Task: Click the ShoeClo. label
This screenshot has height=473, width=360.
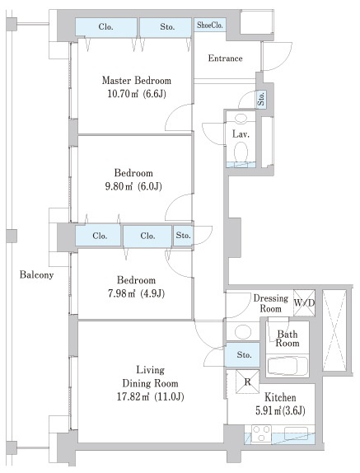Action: (210, 26)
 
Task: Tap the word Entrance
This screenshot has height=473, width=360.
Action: (225, 58)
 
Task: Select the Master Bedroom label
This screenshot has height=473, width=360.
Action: (137, 81)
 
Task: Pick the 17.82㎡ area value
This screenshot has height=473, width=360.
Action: (133, 397)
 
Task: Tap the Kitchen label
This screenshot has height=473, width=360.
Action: (280, 397)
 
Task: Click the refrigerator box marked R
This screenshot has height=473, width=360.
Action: (247, 382)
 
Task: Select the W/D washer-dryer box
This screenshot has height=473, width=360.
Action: (304, 302)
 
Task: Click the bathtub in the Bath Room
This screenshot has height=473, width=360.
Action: (288, 366)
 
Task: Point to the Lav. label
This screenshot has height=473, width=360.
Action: (241, 134)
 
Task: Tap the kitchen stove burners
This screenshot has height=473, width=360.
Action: (261, 433)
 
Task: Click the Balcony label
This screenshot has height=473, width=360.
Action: (36, 274)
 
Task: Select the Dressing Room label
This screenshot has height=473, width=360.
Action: (271, 303)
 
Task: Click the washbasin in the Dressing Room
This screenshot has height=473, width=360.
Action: (243, 332)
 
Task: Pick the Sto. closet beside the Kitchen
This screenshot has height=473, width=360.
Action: (243, 354)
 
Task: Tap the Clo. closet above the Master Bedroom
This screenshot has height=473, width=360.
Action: (105, 27)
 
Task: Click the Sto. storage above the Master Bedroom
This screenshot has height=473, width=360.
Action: (166, 27)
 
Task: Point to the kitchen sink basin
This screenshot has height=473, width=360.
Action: (296, 433)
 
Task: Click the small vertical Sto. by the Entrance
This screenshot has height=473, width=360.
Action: (261, 98)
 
